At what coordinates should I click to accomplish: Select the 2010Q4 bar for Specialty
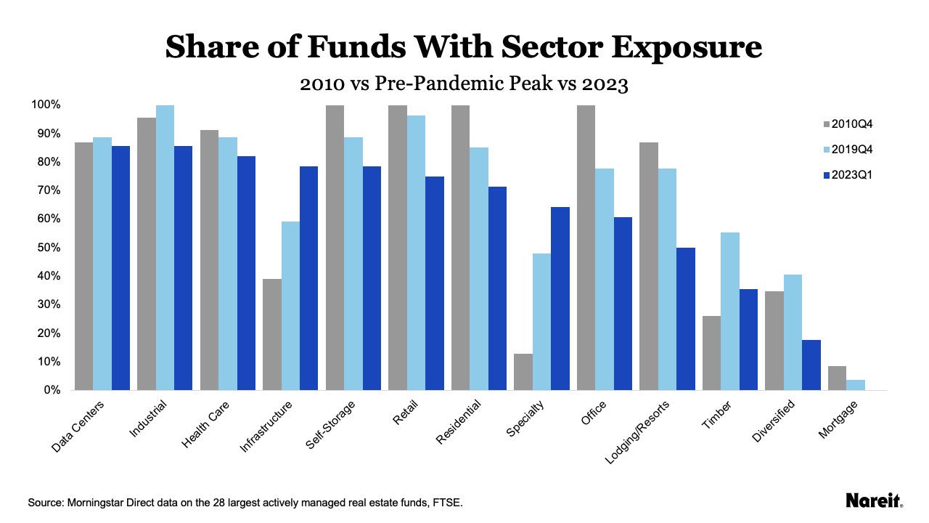(523, 372)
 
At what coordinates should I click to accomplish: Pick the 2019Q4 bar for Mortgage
(856, 385)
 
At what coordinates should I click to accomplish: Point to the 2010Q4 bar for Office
(586, 248)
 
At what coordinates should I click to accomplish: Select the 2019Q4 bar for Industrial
(165, 248)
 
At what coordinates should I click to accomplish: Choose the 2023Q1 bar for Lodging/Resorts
(686, 319)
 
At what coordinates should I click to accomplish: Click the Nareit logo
(874, 500)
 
